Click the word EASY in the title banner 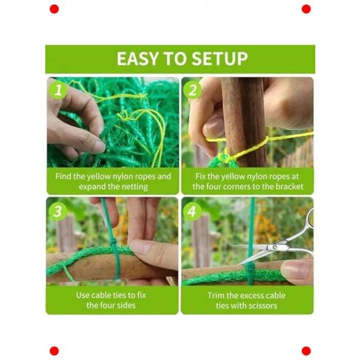tap(138, 59)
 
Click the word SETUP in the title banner tap(220, 59)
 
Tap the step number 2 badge tap(193, 90)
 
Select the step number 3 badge tap(58, 211)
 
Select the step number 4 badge tap(192, 211)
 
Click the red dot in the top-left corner tap(54, 9)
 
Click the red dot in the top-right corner tap(306, 9)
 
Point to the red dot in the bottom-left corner tap(54, 351)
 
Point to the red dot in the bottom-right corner tap(306, 351)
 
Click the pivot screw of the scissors tap(275, 247)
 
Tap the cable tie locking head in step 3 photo tap(113, 242)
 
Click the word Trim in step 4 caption tap(216, 296)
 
